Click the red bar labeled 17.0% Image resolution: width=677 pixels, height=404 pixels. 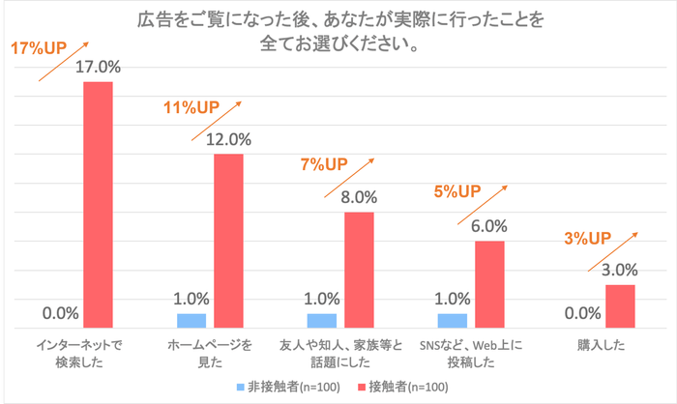click(x=99, y=205)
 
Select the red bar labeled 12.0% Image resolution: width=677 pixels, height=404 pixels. click(x=229, y=241)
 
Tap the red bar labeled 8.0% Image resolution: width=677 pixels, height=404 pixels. click(x=360, y=270)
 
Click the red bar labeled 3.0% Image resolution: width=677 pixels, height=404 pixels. click(x=620, y=306)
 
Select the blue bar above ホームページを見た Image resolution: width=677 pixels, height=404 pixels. click(x=191, y=321)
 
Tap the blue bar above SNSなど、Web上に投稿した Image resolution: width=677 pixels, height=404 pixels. click(x=452, y=321)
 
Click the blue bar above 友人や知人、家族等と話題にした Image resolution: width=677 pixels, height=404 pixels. click(x=322, y=321)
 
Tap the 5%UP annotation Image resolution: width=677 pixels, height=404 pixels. click(x=457, y=191)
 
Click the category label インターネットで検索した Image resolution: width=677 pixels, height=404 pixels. click(x=76, y=353)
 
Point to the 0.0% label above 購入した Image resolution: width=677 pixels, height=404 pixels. click(x=580, y=313)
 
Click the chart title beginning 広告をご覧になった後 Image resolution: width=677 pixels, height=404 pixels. click(x=338, y=30)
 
